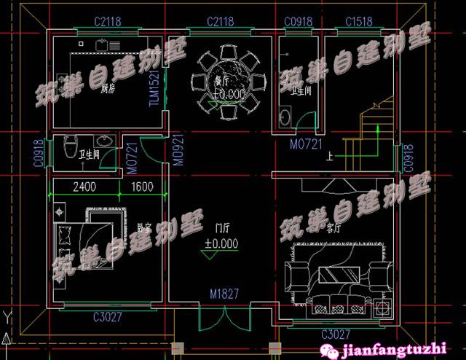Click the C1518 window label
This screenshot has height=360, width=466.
[x=360, y=21]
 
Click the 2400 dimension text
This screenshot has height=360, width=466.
[x=84, y=187]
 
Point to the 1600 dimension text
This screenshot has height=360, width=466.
[x=142, y=187]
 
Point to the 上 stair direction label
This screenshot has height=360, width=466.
[x=331, y=155]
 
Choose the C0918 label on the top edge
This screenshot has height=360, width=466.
[x=298, y=21]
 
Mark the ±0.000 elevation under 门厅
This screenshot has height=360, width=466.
[x=221, y=243]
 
